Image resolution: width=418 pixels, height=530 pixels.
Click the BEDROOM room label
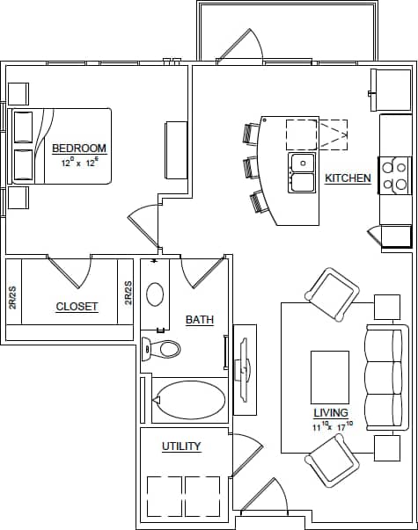click(79, 148)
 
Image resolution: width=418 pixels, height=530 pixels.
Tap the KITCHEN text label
click(348, 178)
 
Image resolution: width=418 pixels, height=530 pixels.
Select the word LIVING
click(331, 412)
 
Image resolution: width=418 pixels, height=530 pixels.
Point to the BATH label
click(199, 320)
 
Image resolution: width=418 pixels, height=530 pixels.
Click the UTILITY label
click(181, 447)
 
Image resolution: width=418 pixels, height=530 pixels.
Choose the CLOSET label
click(77, 307)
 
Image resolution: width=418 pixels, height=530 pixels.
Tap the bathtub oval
click(189, 400)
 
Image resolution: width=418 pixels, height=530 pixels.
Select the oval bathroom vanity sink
click(155, 294)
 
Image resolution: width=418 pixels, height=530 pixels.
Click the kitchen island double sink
click(303, 172)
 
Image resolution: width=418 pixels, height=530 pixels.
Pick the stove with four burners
click(395, 175)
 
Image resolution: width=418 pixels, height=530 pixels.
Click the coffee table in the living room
click(330, 377)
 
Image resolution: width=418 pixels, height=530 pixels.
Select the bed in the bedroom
click(60, 146)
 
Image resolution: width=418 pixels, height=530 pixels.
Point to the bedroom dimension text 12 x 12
click(79, 163)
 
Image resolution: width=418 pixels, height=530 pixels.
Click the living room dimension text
click(332, 426)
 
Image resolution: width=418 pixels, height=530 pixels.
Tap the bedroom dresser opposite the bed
click(176, 150)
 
